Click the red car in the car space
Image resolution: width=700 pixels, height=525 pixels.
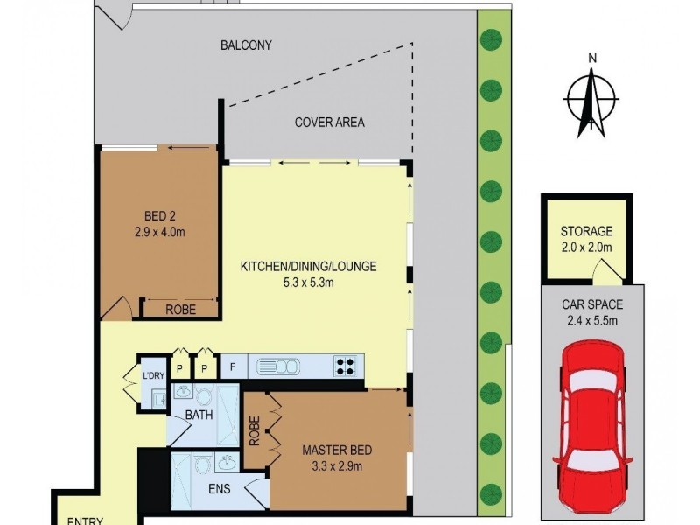592,423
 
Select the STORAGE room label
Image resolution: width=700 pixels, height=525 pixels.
586,232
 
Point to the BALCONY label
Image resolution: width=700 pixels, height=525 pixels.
246,45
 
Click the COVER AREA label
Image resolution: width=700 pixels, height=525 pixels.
329,122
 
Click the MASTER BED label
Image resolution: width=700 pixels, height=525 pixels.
337,451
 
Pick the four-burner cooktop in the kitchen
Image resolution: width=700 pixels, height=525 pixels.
346,366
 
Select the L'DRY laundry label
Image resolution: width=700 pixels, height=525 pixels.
153,377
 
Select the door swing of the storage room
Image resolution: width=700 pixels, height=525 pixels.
599,275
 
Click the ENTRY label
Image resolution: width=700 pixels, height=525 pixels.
86,521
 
